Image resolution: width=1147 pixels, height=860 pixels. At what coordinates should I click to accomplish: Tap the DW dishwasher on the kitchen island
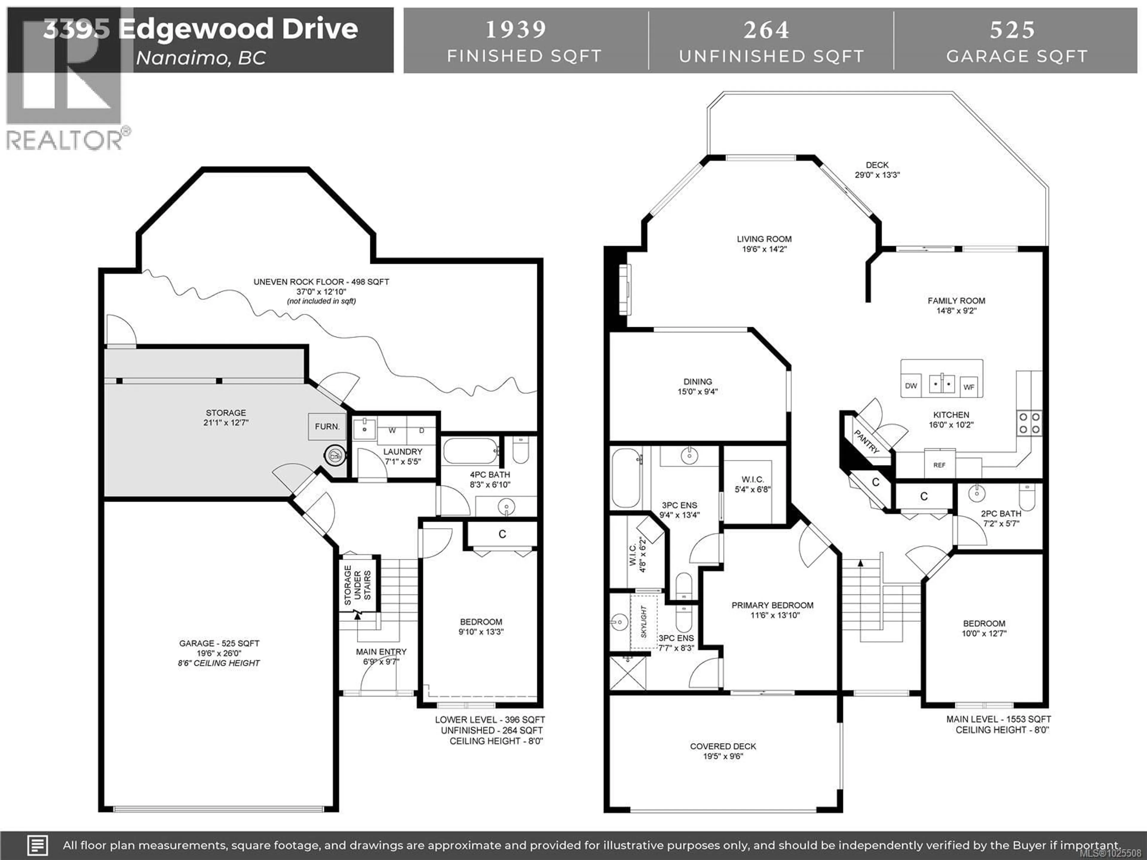911,386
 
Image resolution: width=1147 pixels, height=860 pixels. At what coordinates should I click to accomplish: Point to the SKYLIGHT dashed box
643,622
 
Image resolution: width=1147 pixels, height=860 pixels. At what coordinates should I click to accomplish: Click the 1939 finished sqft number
516,30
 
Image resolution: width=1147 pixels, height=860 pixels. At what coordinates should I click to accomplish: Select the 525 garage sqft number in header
1012,30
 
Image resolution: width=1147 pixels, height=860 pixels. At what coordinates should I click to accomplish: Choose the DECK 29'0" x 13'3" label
877,170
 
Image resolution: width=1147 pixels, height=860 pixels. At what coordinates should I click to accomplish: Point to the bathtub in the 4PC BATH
471,451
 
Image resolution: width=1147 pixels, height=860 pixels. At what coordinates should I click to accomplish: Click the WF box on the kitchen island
969,387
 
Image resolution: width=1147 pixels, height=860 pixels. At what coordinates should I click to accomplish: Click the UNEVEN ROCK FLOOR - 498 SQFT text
321,282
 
